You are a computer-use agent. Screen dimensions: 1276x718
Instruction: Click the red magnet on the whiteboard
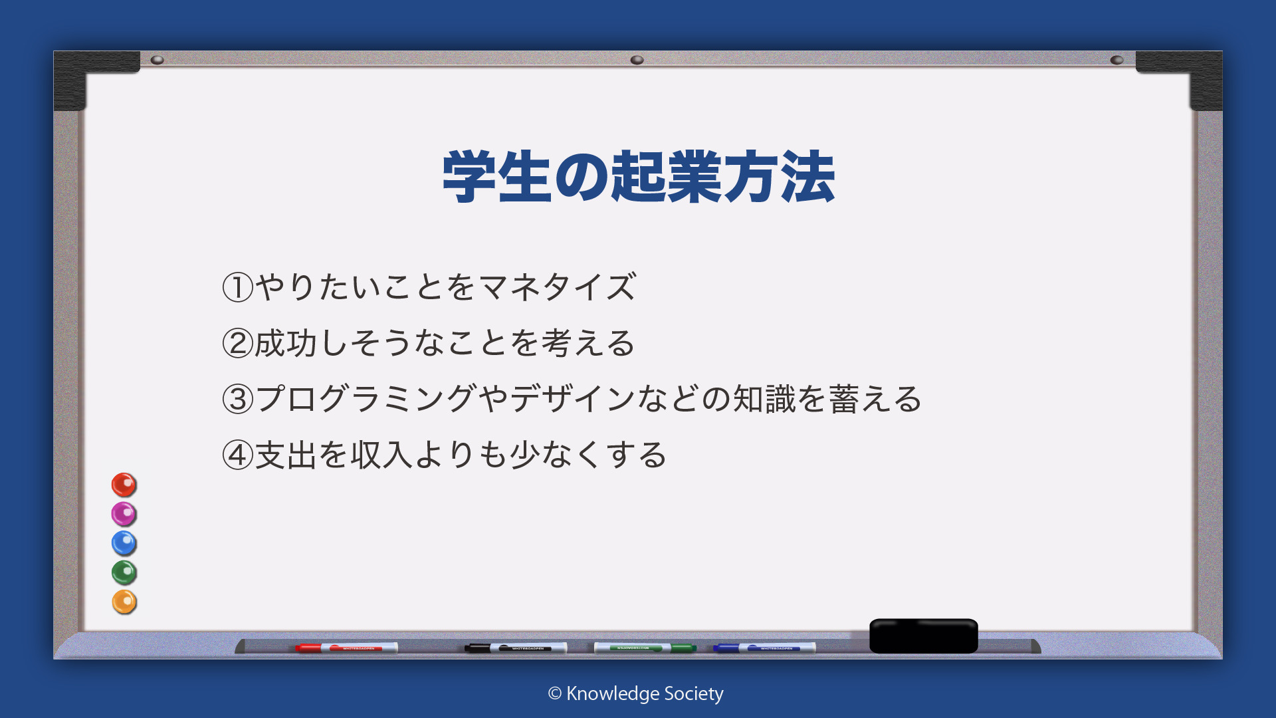tap(124, 485)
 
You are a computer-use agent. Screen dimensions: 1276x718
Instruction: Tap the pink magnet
tap(124, 514)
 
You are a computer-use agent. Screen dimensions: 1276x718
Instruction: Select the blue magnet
tap(124, 543)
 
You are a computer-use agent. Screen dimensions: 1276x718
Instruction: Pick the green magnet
tap(124, 572)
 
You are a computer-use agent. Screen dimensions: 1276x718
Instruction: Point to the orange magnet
tap(124, 602)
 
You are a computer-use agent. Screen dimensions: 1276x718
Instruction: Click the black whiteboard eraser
tap(923, 636)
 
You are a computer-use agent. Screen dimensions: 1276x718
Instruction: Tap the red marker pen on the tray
tap(346, 648)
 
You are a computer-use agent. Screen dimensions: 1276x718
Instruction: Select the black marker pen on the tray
tap(516, 648)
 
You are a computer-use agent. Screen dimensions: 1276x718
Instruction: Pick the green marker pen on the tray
tap(645, 648)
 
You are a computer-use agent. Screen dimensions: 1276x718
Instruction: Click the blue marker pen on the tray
tap(764, 648)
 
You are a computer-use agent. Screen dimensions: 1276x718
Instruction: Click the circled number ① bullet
tap(237, 287)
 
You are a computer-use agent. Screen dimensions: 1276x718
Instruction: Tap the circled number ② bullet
tap(237, 343)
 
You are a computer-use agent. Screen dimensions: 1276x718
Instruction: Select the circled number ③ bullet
tap(237, 399)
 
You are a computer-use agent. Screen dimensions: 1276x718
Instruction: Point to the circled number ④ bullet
tap(237, 455)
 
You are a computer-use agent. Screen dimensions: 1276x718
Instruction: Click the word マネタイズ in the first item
tap(558, 287)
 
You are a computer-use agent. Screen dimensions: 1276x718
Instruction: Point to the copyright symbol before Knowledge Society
tap(555, 693)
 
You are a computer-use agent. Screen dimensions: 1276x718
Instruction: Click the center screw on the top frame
tap(637, 60)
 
